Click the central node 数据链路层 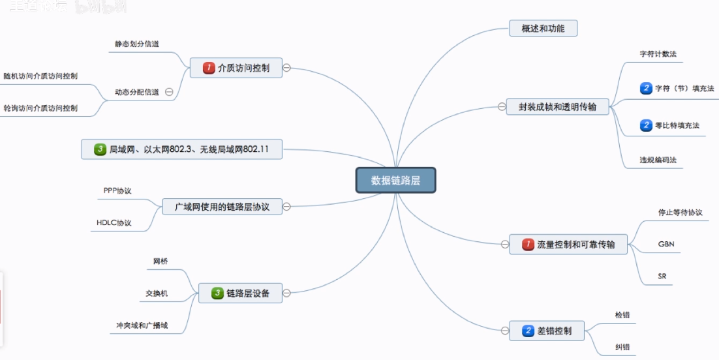click(x=395, y=181)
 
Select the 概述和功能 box click(x=543, y=29)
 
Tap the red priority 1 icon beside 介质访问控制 click(x=209, y=68)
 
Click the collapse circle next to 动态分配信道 click(x=169, y=93)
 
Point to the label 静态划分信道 click(x=137, y=44)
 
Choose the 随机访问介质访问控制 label click(x=40, y=76)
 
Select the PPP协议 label click(x=117, y=190)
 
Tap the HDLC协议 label click(x=114, y=223)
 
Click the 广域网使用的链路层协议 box click(x=222, y=207)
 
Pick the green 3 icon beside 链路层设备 click(x=218, y=293)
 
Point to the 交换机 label click(x=157, y=293)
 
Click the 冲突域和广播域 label click(x=138, y=325)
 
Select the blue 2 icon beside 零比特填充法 click(x=646, y=125)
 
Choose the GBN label click(x=666, y=244)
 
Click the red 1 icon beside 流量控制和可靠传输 click(x=528, y=245)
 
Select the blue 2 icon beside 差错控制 click(x=528, y=331)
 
